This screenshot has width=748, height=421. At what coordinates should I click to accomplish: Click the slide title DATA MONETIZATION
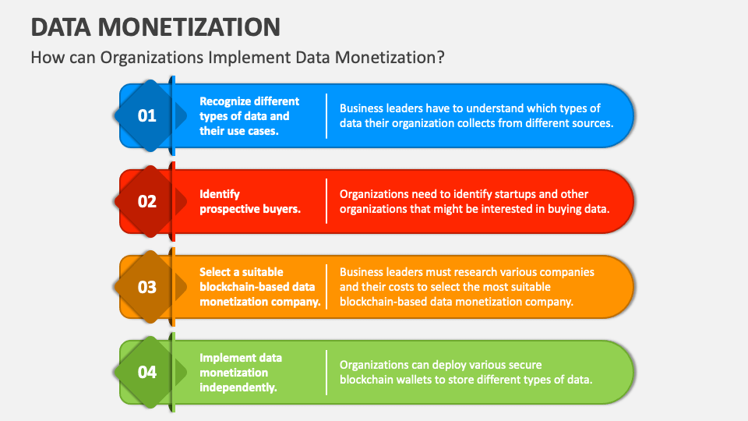(x=156, y=27)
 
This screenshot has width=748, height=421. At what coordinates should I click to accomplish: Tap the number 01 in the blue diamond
(x=147, y=116)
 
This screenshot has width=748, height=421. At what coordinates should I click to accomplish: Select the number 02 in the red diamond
(x=147, y=201)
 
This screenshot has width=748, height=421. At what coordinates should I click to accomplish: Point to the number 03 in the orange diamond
(x=147, y=287)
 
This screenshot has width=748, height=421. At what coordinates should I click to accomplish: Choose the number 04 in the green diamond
(x=147, y=372)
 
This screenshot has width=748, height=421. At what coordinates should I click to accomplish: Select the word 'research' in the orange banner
(x=500, y=272)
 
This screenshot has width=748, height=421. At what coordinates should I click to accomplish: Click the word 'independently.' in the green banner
(x=238, y=387)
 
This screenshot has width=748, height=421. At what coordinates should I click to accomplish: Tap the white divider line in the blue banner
(x=326, y=116)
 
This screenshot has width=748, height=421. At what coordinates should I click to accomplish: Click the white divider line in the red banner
(x=326, y=201)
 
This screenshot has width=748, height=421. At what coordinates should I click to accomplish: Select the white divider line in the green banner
(x=326, y=372)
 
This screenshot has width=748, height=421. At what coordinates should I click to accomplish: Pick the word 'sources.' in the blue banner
(x=591, y=123)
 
